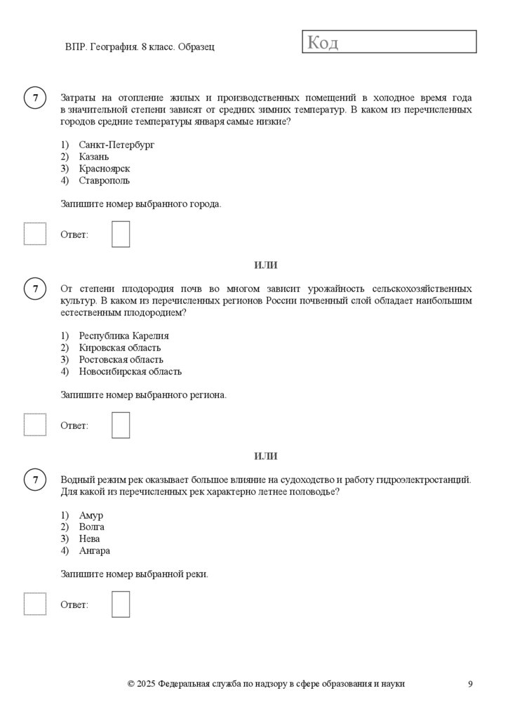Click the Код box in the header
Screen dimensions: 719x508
coord(389,42)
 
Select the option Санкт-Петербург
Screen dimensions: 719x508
coord(116,145)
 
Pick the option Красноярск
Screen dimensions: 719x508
coord(105,169)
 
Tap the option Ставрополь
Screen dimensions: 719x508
coord(105,180)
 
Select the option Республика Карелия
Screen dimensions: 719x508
coord(123,336)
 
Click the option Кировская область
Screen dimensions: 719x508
coord(120,348)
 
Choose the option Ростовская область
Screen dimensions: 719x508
coord(121,359)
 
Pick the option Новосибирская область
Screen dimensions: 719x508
coord(130,371)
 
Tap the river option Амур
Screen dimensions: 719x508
coord(91,515)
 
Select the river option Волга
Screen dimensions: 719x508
coord(92,527)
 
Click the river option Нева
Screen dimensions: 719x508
coord(90,539)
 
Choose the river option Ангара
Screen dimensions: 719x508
coord(95,550)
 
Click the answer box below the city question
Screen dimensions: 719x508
coord(121,235)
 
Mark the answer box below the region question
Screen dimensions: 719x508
coord(121,425)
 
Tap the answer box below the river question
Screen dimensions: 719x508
coord(121,604)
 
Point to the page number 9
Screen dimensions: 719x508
coord(470,684)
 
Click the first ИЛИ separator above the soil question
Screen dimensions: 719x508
coord(266,265)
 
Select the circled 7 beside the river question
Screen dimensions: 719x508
coord(34,480)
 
